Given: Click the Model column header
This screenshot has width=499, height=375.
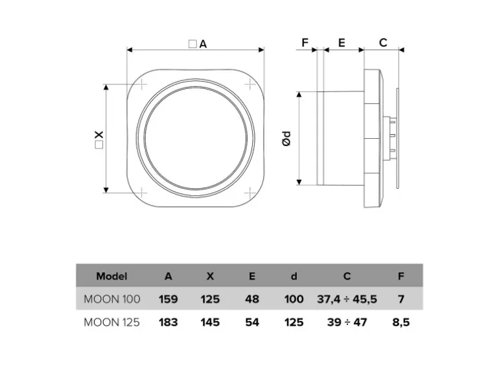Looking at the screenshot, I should (111, 276).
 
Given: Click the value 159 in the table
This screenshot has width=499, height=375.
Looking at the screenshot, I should (168, 299).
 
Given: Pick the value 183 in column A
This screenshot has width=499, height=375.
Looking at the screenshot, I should (168, 322).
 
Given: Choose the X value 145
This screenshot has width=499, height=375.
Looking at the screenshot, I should (209, 322).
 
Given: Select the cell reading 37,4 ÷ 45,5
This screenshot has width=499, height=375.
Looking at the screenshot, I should (347, 299).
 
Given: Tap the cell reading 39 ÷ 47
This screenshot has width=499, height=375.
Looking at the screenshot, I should (347, 322).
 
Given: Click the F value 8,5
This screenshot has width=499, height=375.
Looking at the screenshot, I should (401, 322).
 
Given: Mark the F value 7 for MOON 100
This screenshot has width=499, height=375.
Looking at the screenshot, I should (401, 299).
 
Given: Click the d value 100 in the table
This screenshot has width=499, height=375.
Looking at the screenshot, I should (294, 299).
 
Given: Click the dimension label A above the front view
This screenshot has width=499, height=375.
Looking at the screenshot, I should (202, 43).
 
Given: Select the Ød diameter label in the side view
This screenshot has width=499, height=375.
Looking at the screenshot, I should (286, 138).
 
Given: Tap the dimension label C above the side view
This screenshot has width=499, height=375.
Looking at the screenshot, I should (383, 43).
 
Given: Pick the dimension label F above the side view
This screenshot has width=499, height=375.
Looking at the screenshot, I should (306, 43).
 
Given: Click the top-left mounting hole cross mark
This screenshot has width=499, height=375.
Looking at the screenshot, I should (142, 84).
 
